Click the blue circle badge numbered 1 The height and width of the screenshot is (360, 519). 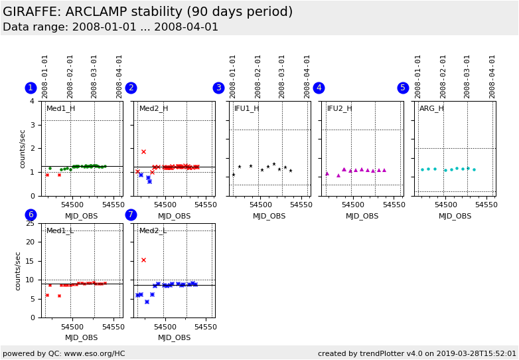point(31,88)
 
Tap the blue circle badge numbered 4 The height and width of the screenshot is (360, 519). point(319,88)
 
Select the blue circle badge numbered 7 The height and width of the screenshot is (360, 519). point(131,215)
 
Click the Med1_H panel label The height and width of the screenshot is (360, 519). point(60,108)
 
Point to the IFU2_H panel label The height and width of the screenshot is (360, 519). point(340,108)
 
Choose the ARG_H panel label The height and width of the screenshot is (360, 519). point(431,108)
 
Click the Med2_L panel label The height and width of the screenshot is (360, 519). point(153,230)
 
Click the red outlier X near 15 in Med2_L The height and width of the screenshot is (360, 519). point(143,260)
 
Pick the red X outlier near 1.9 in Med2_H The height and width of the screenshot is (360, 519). point(143,151)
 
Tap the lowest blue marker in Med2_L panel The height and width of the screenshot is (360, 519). point(147,302)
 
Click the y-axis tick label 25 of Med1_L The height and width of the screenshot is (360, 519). point(30,223)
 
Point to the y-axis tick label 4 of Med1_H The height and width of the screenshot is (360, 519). point(33,101)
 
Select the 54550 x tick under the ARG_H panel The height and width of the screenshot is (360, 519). point(486,205)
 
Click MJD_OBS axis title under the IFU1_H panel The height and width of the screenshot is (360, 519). point(269,216)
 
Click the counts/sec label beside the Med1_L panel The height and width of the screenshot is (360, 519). point(19,270)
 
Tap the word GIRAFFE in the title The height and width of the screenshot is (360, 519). point(29,12)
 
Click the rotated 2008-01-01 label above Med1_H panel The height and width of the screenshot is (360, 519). point(45,76)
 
